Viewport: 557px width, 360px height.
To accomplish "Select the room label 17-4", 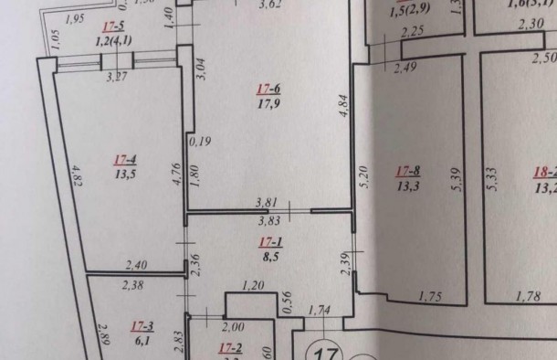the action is (124, 158).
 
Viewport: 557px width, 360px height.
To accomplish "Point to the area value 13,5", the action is (125, 172).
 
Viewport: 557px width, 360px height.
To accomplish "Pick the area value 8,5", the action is (268, 257).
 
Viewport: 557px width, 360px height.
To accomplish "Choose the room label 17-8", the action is (407, 169).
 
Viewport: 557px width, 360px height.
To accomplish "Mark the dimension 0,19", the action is (199, 141).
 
